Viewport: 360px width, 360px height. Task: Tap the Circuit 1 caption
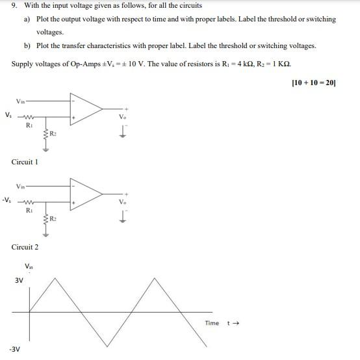(25, 161)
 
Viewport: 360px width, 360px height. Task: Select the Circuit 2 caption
(25, 247)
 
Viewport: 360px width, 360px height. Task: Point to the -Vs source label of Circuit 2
(7, 199)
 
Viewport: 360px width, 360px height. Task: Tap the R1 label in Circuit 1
(29, 124)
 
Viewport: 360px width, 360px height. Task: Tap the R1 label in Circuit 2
(29, 210)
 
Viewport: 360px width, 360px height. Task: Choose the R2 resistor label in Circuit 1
(54, 134)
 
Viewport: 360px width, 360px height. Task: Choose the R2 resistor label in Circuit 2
(54, 219)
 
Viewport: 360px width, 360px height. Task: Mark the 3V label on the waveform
(19, 280)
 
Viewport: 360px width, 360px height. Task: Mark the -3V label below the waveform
(14, 349)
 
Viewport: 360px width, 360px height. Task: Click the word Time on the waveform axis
(212, 323)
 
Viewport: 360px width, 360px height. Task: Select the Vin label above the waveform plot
(29, 266)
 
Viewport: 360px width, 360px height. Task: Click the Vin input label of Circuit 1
(21, 101)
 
